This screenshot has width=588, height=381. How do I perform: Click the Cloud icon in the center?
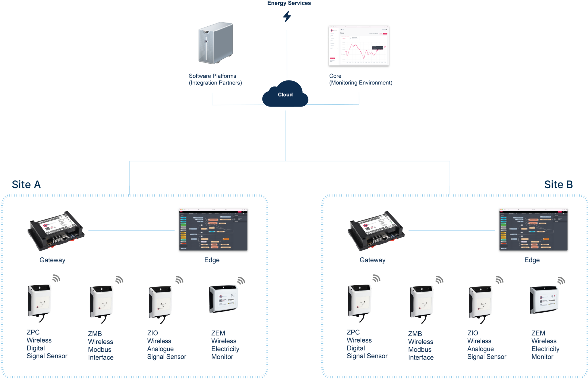tap(285, 94)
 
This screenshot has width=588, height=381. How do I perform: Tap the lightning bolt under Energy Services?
tap(287, 16)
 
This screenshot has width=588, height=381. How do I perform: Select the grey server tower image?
tap(216, 43)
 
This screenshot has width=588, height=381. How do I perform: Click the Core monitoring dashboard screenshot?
tap(359, 46)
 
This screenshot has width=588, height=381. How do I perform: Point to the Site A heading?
tap(26, 184)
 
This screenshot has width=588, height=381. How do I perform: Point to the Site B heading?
tap(558, 184)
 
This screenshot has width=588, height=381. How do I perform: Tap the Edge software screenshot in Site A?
tap(213, 230)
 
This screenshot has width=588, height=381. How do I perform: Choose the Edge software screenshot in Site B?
tap(533, 230)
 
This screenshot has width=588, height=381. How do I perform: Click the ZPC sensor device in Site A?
tap(40, 301)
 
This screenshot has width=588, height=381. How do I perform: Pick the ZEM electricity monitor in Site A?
tap(224, 299)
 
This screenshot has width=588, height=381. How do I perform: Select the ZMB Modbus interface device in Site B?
tap(421, 302)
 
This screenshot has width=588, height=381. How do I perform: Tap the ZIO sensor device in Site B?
tap(480, 303)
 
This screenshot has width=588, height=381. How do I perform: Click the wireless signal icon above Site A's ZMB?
tap(119, 280)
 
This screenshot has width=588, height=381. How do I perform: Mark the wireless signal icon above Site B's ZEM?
tap(561, 280)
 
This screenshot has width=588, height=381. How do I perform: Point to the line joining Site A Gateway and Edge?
tap(131, 230)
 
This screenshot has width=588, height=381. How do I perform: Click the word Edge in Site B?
tap(532, 260)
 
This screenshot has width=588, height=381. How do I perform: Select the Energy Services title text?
tap(289, 3)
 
